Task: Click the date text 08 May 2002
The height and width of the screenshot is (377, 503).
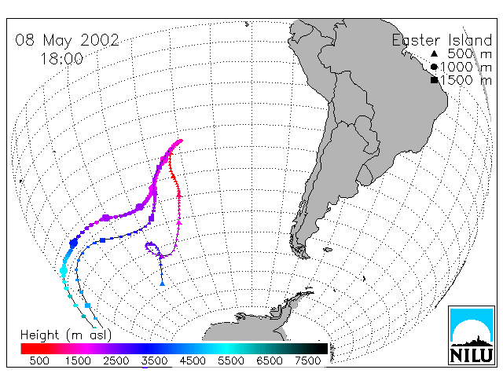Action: [67, 40]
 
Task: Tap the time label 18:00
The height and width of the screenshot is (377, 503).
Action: [61, 59]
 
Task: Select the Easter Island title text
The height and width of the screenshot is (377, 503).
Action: [442, 40]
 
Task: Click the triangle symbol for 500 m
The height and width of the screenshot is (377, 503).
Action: [434, 53]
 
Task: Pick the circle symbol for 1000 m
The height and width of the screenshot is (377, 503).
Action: [434, 67]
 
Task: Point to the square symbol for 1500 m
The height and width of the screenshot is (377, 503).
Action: [434, 80]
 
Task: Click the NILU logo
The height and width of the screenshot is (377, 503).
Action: [472, 335]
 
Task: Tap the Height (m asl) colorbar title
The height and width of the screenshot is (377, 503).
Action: [66, 335]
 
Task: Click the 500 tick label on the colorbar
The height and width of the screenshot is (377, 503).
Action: [39, 361]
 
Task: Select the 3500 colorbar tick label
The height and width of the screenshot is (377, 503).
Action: [154, 361]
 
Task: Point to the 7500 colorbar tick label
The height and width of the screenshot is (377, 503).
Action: [307, 361]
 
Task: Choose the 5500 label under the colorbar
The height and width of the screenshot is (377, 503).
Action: [231, 361]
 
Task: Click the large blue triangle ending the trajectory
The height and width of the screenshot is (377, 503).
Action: [163, 284]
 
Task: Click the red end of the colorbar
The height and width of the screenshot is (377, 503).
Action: [26, 349]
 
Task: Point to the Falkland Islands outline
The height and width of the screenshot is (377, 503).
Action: [328, 250]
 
